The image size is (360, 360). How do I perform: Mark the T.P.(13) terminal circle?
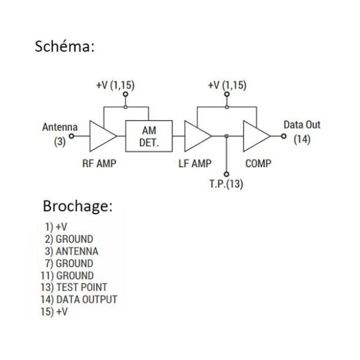226,174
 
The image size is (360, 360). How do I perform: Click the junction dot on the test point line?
226,136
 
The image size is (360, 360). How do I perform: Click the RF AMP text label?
99,164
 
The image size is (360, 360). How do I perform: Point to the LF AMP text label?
195,164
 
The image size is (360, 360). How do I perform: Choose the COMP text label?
258,164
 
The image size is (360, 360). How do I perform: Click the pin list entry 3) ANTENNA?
71,251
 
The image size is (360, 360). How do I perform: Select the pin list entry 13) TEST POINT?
74,287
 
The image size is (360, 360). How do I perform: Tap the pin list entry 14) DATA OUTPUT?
79,300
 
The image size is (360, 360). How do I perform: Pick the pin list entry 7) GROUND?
69,263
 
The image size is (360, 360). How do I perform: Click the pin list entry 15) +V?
54,311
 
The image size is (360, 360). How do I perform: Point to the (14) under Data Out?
302,139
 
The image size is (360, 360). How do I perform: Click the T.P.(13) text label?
226,184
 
